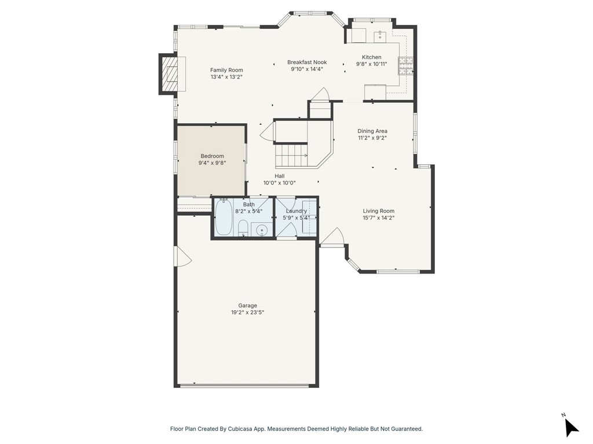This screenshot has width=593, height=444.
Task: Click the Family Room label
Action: point(226,70)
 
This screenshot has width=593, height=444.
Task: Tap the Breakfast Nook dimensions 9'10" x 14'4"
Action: point(307,69)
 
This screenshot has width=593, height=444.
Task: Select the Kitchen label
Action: point(371,57)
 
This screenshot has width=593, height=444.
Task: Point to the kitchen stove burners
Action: point(405,66)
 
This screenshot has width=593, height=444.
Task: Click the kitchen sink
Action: point(380,36)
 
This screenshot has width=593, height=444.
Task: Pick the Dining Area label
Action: point(372,131)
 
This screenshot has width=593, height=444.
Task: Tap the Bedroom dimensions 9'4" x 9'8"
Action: point(212,162)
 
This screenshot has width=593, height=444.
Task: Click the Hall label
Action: point(280,176)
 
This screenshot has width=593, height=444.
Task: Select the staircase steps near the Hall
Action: point(291,156)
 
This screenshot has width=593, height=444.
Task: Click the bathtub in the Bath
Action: point(224,217)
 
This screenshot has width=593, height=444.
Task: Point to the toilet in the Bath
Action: point(243,228)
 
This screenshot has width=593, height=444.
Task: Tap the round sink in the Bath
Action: point(262,230)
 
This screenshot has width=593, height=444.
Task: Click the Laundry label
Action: point(296,211)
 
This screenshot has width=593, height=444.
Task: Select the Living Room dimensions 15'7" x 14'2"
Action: point(379,218)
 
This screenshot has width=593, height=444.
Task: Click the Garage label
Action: point(248,305)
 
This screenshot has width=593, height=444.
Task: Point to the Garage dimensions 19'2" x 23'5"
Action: point(248,312)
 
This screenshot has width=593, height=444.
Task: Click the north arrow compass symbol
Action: point(571,427)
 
